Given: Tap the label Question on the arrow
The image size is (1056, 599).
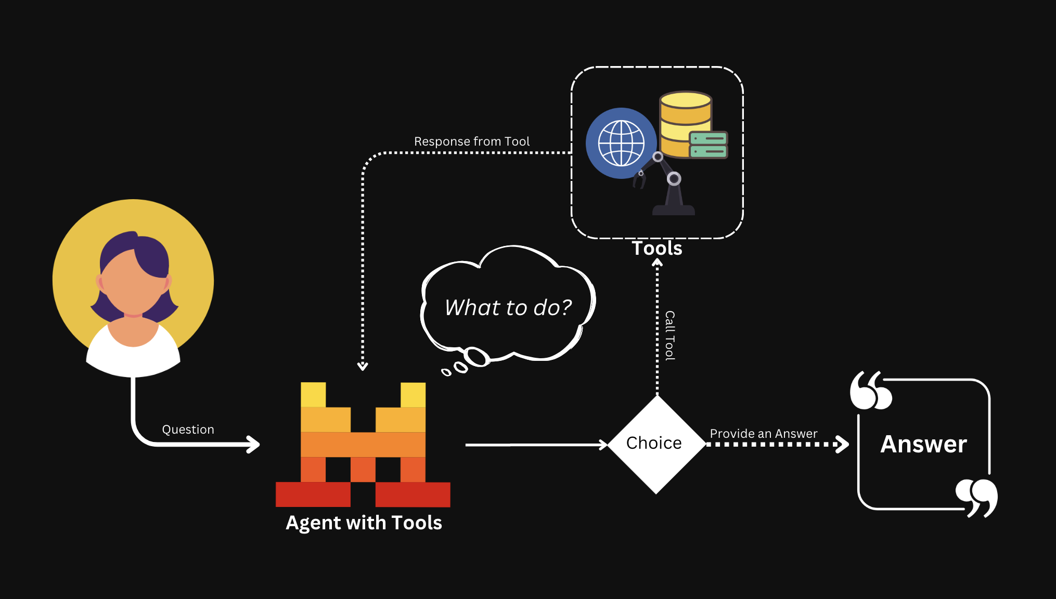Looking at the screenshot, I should point(188,429).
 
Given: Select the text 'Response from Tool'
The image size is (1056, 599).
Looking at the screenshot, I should point(471,141).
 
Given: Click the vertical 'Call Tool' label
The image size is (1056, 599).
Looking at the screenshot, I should point(670,335).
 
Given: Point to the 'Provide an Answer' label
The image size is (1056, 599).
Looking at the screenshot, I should point(763,433).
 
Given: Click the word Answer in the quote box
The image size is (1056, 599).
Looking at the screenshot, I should point(923,444).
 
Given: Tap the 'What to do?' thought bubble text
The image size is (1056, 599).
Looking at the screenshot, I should point(508,307).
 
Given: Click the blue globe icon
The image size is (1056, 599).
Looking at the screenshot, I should point(621,143).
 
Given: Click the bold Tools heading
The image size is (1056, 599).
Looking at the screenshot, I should point(656,248).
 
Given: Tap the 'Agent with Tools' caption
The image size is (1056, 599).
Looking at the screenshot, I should point(364,523).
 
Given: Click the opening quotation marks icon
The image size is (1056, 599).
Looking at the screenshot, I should point(870,390).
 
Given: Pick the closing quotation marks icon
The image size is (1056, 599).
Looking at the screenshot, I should point(976,498).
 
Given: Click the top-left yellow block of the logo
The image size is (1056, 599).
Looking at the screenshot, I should point(313,395).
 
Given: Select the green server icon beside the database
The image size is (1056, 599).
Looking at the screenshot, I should point(708,145).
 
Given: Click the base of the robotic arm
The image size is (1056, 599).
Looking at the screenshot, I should point(674,210).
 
